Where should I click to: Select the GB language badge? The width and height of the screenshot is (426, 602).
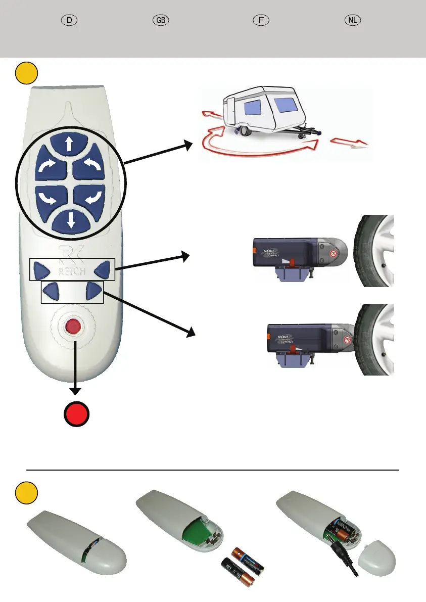[161, 20]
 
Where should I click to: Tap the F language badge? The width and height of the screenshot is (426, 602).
[260, 20]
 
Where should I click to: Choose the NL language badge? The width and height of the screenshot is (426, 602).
[353, 20]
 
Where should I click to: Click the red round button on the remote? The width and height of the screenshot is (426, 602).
[74, 327]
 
